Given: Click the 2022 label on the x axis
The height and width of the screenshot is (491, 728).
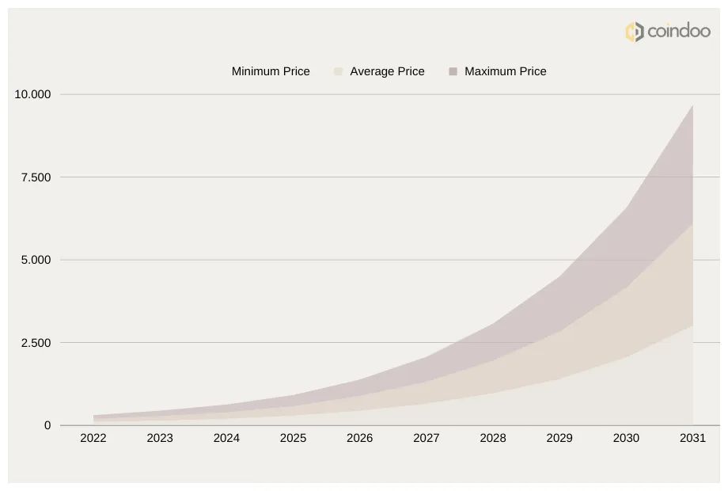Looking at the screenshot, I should (x=93, y=438).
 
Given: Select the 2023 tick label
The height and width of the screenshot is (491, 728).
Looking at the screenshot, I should (x=160, y=438).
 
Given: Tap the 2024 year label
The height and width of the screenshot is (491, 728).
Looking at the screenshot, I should (x=226, y=438).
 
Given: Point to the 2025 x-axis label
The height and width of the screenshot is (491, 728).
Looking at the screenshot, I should (x=293, y=438).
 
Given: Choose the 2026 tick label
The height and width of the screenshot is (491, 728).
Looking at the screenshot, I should (x=360, y=438).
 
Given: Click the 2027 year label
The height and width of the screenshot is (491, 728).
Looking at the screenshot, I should (x=427, y=438).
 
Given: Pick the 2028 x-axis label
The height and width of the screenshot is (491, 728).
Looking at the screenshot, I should (x=493, y=438).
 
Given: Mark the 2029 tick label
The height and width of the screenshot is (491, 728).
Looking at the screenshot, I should (x=559, y=438).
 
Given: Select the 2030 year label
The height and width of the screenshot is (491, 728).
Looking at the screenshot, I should (x=626, y=438).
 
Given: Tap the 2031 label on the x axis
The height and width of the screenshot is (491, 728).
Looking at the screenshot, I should (x=692, y=438).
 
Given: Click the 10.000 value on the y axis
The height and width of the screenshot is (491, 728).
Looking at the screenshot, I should (x=32, y=94).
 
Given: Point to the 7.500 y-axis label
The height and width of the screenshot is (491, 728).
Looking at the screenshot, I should (x=36, y=177).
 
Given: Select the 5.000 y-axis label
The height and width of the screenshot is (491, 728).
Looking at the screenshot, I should (x=36, y=260).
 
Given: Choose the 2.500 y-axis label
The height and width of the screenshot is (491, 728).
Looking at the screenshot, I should (x=36, y=343).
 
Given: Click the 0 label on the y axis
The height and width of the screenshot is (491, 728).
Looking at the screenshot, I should (x=47, y=425).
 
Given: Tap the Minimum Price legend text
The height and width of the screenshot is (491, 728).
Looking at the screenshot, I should (x=271, y=71).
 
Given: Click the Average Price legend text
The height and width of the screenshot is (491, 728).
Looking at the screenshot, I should (x=387, y=71).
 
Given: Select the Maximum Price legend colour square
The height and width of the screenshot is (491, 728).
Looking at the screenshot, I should (x=453, y=71).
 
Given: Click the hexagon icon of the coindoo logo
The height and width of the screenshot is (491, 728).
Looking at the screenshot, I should (x=634, y=32).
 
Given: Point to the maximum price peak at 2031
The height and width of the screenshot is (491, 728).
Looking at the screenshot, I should (x=692, y=105).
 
